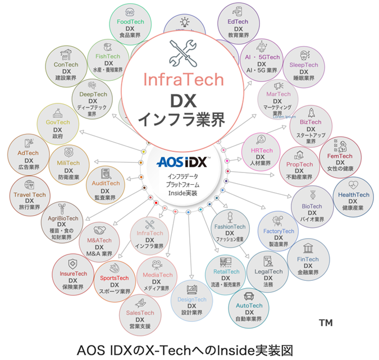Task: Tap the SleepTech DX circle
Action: [x=304, y=69]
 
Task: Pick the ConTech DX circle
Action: [x=66, y=69]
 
